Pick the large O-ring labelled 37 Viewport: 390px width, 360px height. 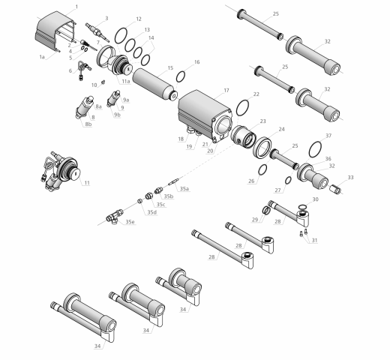click(316, 145)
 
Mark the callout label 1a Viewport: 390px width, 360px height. click(43, 56)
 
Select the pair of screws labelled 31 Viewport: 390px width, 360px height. click(303, 232)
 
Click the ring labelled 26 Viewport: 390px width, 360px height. click(262, 169)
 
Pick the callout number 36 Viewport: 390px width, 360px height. click(327, 158)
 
